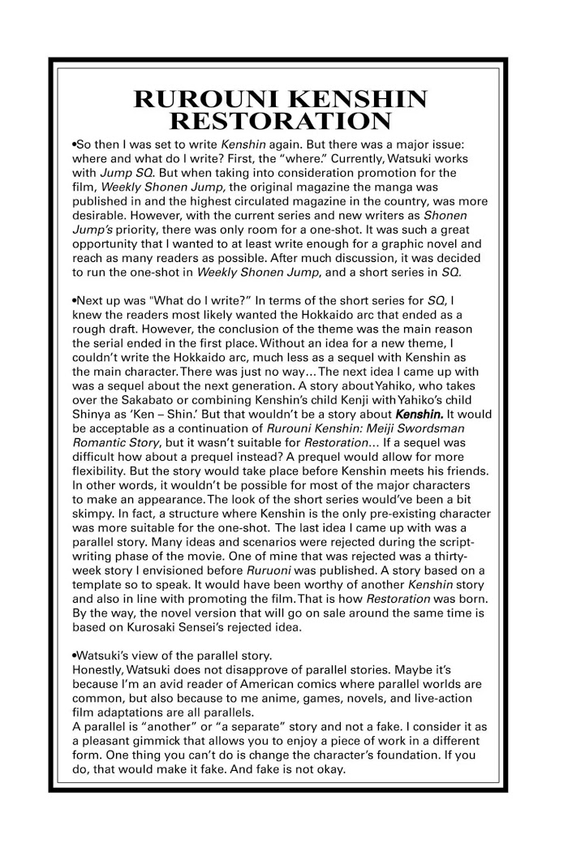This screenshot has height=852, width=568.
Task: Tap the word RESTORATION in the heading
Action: coord(283,123)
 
